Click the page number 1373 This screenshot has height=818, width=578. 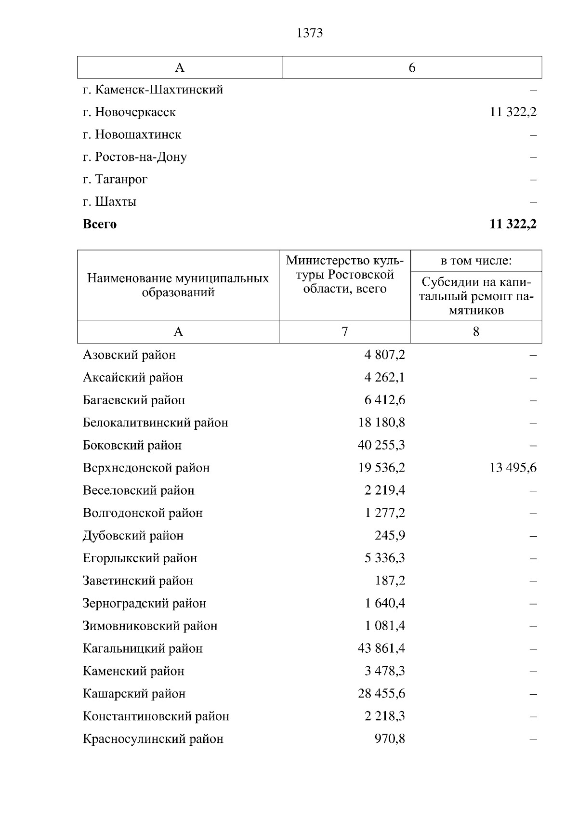[x=310, y=33]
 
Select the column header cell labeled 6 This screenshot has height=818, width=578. [x=412, y=67]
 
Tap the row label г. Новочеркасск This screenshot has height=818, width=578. [x=129, y=112]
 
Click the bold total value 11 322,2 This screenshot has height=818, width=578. [x=512, y=224]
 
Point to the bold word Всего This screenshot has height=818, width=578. [x=100, y=224]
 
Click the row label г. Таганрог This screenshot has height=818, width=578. [x=115, y=179]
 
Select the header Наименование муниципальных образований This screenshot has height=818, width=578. [x=178, y=285]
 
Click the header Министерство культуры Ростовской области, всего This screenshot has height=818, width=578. [x=344, y=275]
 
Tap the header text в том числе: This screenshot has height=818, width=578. [x=476, y=261]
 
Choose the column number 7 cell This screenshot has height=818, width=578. [x=344, y=332]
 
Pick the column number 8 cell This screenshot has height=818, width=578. [x=476, y=332]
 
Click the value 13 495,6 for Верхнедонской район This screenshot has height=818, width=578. [x=513, y=468]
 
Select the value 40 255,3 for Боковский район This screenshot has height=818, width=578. [x=381, y=445]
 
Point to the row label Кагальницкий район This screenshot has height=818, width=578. [x=143, y=648]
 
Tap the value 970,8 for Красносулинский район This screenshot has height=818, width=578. [x=390, y=739]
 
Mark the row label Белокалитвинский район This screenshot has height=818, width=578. [x=155, y=422]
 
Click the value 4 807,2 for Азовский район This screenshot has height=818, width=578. [x=384, y=355]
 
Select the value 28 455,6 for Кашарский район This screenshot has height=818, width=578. [x=381, y=694]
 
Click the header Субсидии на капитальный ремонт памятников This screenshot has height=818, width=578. [x=476, y=296]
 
